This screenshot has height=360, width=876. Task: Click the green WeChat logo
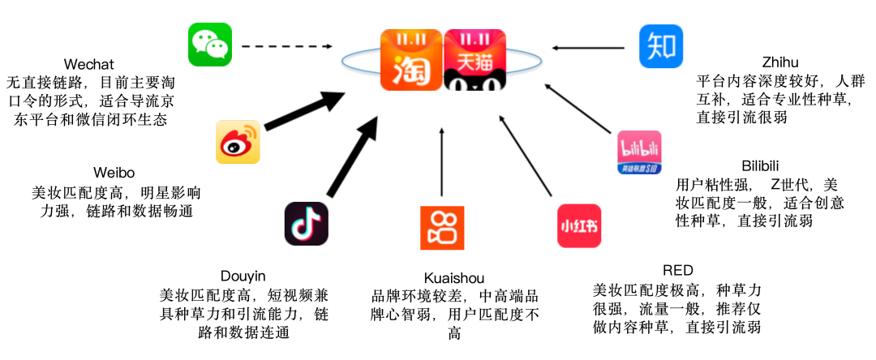(210, 45)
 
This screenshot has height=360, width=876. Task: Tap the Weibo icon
(237, 142)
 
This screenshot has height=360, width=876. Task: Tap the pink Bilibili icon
(639, 152)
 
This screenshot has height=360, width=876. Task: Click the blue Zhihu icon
(660, 46)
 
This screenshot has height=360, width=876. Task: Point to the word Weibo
(114, 173)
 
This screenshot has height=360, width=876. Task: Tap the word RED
(677, 271)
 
